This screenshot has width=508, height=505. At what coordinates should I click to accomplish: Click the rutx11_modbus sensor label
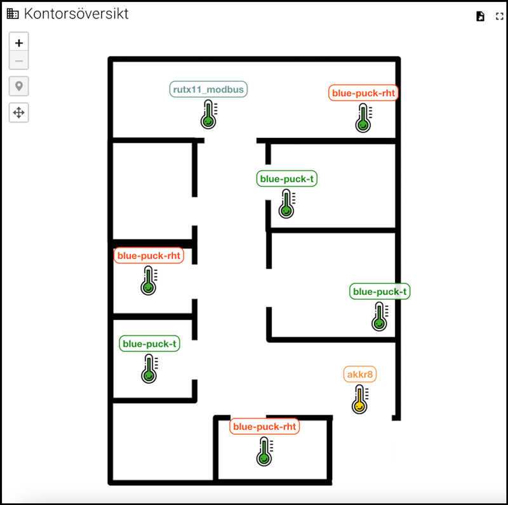[x=208, y=89]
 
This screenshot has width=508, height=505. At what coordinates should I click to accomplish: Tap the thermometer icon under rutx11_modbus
[x=209, y=114]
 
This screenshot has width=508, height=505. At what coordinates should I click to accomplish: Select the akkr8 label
[x=359, y=374]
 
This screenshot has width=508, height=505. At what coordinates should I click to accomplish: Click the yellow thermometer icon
[x=360, y=399]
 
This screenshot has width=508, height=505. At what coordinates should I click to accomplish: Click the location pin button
[x=19, y=86]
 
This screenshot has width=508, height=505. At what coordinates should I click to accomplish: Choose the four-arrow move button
[x=19, y=112]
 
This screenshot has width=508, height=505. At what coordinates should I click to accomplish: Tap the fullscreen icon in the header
[x=500, y=17]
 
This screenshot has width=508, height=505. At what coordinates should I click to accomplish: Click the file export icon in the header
[x=480, y=17]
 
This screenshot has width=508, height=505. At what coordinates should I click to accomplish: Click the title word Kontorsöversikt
[x=76, y=13]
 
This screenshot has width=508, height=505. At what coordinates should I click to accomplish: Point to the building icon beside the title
[x=13, y=13]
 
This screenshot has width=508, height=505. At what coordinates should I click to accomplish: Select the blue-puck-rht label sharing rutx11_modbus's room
[x=363, y=93]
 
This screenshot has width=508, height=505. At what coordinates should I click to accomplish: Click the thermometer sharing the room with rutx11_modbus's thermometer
[x=363, y=118]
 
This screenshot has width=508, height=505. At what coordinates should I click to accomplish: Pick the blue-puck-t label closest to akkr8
[x=380, y=292]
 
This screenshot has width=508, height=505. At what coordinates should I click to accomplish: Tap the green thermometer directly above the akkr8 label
[x=380, y=316]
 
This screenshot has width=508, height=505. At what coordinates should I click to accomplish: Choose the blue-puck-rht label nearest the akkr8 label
[x=264, y=427]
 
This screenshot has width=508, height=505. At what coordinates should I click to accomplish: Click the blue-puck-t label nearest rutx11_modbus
[x=287, y=178]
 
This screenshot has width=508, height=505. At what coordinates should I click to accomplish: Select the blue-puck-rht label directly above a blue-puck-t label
[x=149, y=255]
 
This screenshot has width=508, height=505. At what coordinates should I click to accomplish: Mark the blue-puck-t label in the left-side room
[x=149, y=344]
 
